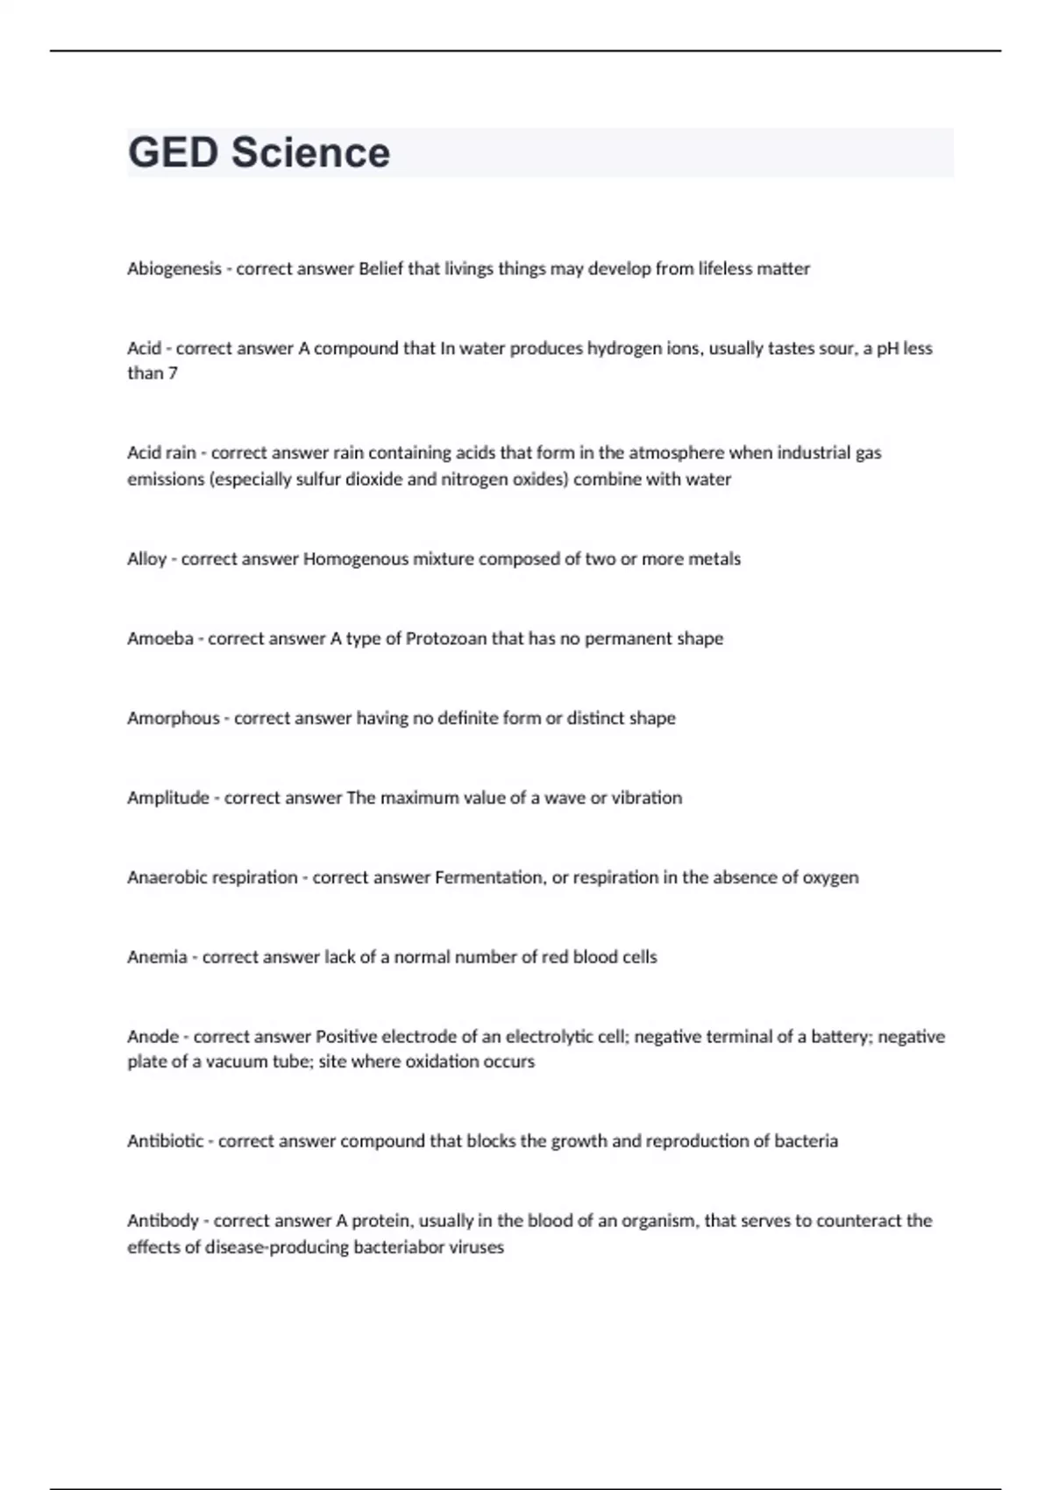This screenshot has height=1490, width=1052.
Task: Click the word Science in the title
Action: pos(310,153)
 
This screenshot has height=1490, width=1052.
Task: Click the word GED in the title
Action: pos(173,153)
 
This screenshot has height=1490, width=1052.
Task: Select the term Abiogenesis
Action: pos(174,269)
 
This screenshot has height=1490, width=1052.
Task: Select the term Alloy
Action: pos(146,559)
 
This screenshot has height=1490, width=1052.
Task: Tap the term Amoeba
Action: pos(160,639)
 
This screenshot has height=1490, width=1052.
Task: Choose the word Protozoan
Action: pos(446,639)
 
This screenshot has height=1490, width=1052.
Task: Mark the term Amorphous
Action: pos(173,719)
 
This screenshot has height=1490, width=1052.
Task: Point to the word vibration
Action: pos(647,798)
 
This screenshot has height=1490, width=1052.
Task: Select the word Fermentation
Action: pos(489,878)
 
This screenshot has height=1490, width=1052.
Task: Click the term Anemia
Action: pos(157,958)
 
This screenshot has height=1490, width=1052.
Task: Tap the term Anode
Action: pos(153,1037)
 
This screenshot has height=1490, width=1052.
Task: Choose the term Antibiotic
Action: pos(165,1142)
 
